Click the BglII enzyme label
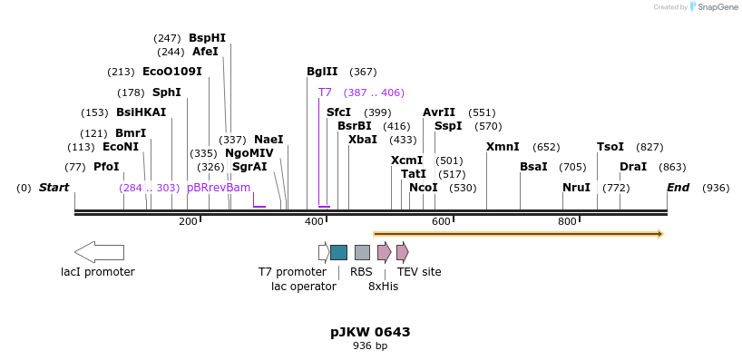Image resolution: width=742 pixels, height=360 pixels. [x=322, y=72]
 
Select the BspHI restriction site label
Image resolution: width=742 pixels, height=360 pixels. [x=207, y=38]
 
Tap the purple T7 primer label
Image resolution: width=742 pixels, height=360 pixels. [x=325, y=92]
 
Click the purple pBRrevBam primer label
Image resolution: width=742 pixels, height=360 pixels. [x=219, y=188]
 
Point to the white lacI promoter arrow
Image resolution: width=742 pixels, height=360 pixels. [x=99, y=252]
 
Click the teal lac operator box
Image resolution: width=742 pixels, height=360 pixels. [x=338, y=252]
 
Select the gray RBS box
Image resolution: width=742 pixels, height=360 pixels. [x=362, y=252]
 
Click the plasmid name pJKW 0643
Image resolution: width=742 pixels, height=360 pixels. [x=370, y=332]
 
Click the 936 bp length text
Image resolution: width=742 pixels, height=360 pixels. [x=370, y=345]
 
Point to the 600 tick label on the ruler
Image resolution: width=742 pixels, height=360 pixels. [x=441, y=221]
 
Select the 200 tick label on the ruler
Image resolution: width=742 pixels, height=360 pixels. [x=188, y=221]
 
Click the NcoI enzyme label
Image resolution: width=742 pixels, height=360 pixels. [x=424, y=188]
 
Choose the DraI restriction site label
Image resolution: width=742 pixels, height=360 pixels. [x=633, y=167]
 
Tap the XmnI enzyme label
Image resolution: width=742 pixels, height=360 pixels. [x=503, y=147]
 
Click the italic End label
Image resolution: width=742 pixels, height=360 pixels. [x=678, y=188]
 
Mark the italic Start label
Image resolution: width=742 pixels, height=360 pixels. [x=54, y=188]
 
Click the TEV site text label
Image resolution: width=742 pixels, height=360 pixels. [x=419, y=272]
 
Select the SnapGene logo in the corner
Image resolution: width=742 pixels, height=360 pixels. [x=714, y=7]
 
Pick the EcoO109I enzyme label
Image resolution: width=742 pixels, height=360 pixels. [x=172, y=72]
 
